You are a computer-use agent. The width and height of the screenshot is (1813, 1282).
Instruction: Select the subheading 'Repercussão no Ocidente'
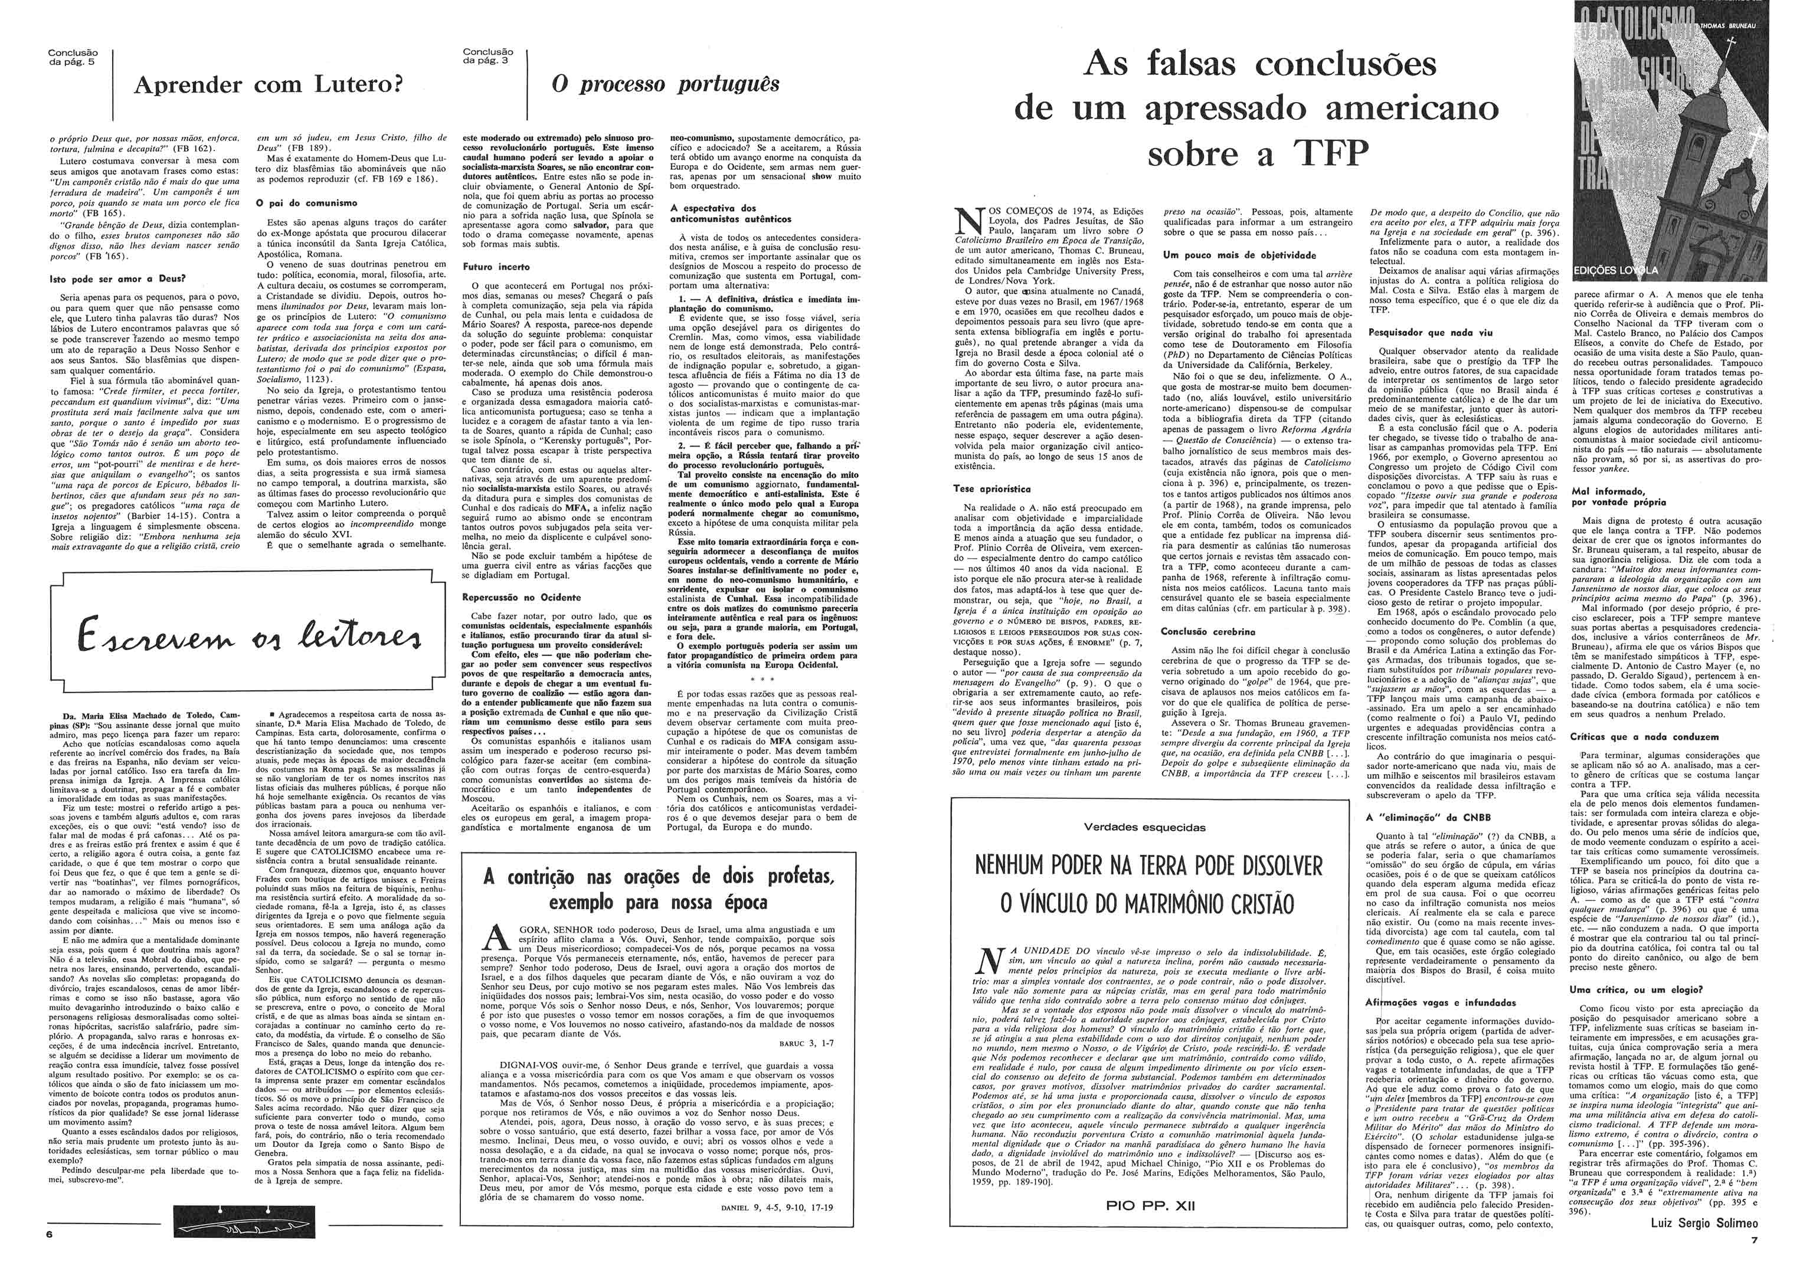(521, 598)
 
